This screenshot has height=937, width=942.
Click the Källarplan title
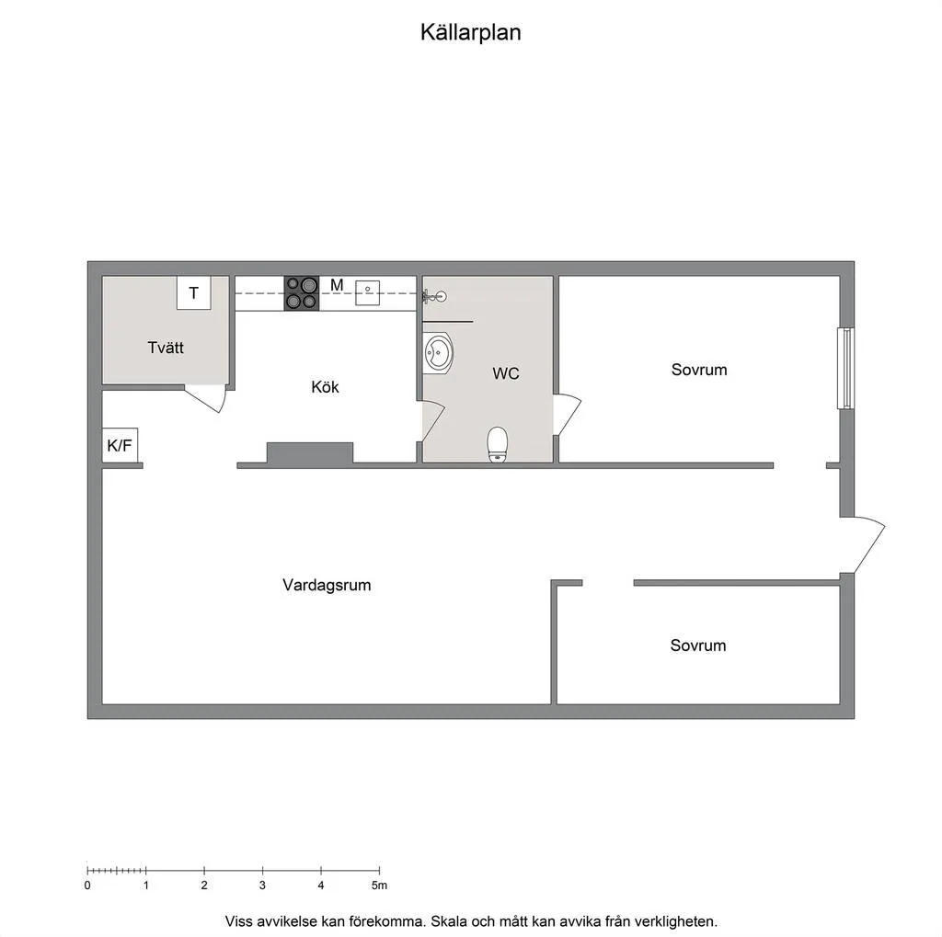pyautogui.click(x=470, y=32)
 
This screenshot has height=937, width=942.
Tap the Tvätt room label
pyautogui.click(x=166, y=348)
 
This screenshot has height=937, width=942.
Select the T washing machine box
pyautogui.click(x=193, y=292)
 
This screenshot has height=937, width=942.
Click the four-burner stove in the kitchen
pyautogui.click(x=302, y=293)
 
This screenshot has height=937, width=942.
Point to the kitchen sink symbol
pyautogui.click(x=367, y=292)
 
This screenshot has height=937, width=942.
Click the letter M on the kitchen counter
pyautogui.click(x=337, y=285)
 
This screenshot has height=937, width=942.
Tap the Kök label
pyautogui.click(x=325, y=387)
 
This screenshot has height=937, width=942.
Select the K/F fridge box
pyautogui.click(x=120, y=445)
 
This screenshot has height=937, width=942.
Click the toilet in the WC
pyautogui.click(x=498, y=444)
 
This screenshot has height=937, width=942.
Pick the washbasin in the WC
pyautogui.click(x=438, y=353)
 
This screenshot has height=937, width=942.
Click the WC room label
pyautogui.click(x=506, y=373)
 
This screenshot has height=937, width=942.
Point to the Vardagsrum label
pyautogui.click(x=327, y=585)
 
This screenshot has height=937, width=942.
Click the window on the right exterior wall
pyautogui.click(x=846, y=368)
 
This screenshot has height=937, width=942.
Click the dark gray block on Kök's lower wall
pyautogui.click(x=310, y=453)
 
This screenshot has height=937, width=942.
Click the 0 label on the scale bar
pyautogui.click(x=87, y=886)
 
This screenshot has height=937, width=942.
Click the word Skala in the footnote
pyautogui.click(x=451, y=921)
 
